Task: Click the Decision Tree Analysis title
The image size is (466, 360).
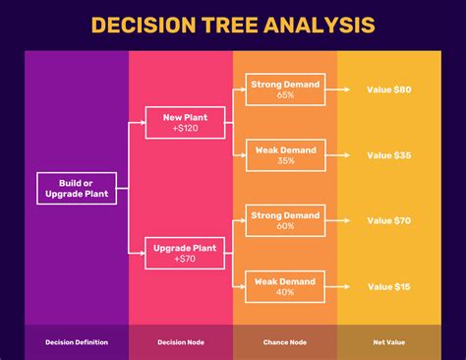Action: coord(232,25)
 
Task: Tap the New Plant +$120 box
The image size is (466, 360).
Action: coord(184,122)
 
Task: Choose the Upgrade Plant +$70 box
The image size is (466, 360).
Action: coord(184,254)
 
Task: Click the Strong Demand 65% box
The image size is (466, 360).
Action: coord(285,90)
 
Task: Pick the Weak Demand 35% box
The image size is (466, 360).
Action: coord(285,154)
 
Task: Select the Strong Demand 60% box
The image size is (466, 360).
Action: coord(285,220)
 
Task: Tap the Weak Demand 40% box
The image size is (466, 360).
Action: coord(285,286)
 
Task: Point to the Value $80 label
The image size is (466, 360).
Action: coord(389,90)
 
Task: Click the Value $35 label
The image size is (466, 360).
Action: coord(389,154)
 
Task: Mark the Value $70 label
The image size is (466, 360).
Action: coord(389,220)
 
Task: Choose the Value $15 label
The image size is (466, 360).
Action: coord(389,286)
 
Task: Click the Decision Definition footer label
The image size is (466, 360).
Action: coord(77,342)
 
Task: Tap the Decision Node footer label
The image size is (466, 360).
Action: coord(181,342)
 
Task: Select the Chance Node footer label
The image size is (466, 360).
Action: coord(285,342)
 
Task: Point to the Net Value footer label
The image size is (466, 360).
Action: coord(389,342)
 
